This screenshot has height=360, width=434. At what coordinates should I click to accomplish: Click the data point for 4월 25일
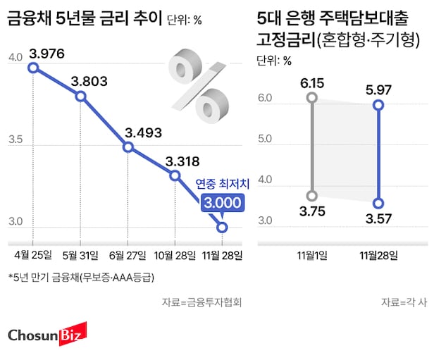click(x=32, y=68)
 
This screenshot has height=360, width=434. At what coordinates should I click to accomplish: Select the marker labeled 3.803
click(x=80, y=97)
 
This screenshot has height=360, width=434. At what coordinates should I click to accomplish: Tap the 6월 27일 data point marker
click(x=128, y=147)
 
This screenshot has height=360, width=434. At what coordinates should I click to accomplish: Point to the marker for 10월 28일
click(x=175, y=174)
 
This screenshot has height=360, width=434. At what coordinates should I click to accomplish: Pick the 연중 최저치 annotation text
click(x=222, y=185)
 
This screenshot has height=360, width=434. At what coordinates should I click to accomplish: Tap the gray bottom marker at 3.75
click(x=312, y=196)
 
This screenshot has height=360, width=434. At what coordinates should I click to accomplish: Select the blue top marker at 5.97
click(x=378, y=105)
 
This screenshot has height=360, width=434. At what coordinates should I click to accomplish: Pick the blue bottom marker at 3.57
click(x=378, y=203)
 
